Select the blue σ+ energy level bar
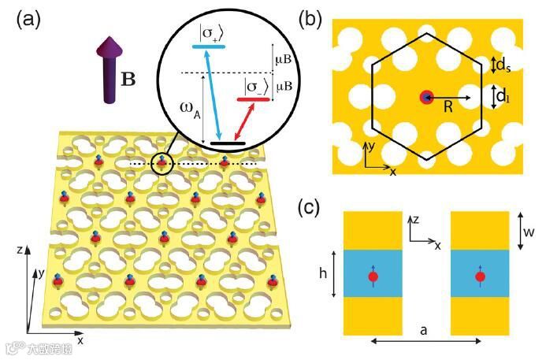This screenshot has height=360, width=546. coord(209,47)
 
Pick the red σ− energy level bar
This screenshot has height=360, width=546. coord(254,99)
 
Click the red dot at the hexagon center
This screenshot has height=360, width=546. coord(426,98)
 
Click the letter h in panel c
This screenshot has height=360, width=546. coord(322,274)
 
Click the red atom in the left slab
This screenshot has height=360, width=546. coord(373,276)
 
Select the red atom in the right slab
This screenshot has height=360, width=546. coord(479,276)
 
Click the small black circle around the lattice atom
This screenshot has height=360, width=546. coord(162,161)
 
